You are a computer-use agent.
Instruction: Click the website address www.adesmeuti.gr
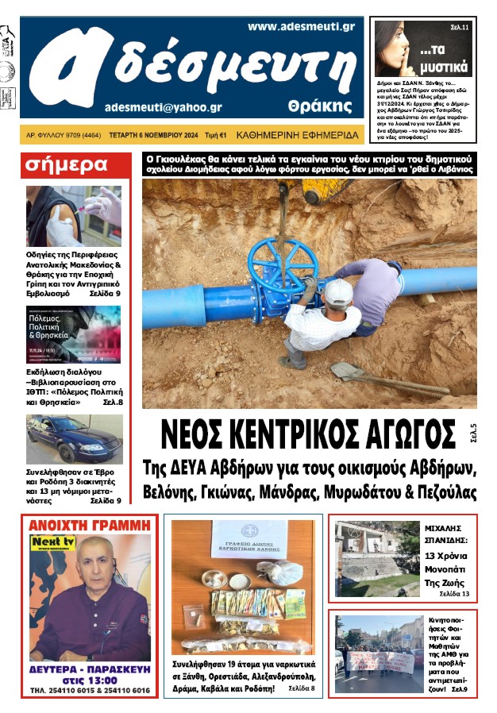pyautogui.click(x=301, y=26)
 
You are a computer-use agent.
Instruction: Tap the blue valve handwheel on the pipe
pyautogui.click(x=272, y=266)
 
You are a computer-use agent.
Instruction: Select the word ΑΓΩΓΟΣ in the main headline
pyautogui.click(x=393, y=434)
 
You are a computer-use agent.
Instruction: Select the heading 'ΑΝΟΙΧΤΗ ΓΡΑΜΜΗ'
pyautogui.click(x=89, y=524)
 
